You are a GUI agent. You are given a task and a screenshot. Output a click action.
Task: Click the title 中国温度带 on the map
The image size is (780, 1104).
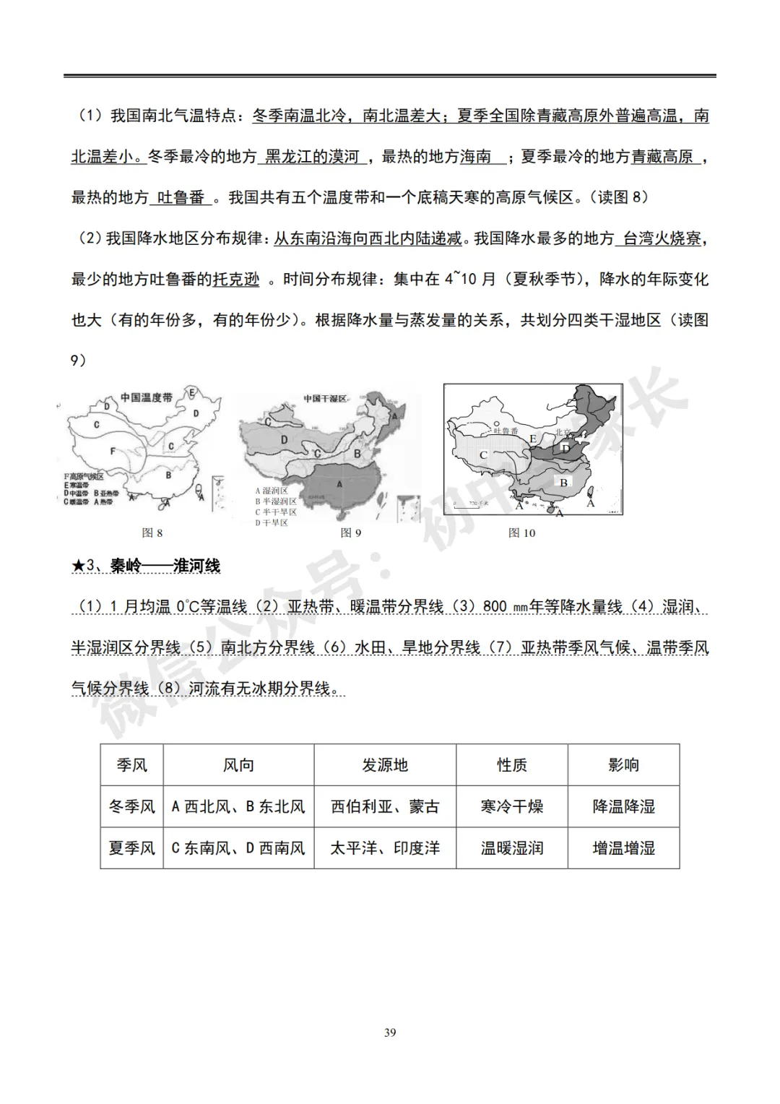[x=146, y=398]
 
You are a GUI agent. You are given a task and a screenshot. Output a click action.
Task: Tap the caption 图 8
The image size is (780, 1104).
[x=152, y=533]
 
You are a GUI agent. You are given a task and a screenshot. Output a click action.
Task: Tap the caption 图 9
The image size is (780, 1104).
[x=351, y=533]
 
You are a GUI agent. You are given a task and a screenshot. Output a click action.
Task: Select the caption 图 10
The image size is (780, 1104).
[x=521, y=533]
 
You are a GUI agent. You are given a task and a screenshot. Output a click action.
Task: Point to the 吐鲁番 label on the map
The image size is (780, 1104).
[x=506, y=431]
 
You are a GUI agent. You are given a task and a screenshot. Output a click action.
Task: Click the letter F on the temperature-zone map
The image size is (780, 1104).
[x=113, y=452]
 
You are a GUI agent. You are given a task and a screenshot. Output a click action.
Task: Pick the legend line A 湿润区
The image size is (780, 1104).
[x=272, y=491]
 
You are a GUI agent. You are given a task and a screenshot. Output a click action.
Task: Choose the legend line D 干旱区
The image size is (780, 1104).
[x=272, y=522]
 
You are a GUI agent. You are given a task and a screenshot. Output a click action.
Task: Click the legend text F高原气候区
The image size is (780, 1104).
[x=84, y=477]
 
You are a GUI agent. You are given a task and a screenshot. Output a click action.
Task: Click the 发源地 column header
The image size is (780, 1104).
[x=385, y=765]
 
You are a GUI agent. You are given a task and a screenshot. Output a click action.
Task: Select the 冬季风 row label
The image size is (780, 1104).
[x=131, y=806]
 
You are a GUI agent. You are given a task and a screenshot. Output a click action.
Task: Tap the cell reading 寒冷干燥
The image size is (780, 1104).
[x=511, y=806]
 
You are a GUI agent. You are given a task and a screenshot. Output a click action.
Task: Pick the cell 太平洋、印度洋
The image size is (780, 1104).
[x=385, y=848]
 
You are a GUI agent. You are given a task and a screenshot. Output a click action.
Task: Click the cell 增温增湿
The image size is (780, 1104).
[x=623, y=848]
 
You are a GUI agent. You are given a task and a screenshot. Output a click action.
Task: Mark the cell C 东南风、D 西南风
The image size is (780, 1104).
[x=238, y=848]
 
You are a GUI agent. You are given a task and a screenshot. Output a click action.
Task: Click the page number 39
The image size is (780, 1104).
[x=390, y=1032]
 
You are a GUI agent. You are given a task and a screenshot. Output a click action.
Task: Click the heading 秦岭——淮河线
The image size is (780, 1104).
[x=165, y=566]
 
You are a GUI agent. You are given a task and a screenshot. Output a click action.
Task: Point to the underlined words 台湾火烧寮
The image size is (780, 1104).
[x=661, y=238]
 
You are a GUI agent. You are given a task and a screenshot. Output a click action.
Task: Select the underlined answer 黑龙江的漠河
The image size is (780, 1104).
[x=312, y=156]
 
